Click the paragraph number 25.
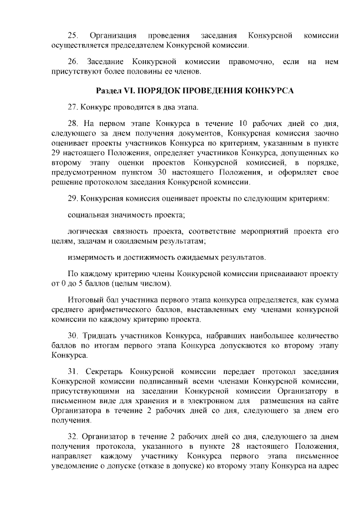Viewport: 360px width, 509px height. click(72, 36)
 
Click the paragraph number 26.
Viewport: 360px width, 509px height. click(72, 61)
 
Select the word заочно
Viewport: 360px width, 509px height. click(323, 133)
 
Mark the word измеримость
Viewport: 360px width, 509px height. click(89, 258)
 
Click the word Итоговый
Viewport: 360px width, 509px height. click(84, 299)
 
